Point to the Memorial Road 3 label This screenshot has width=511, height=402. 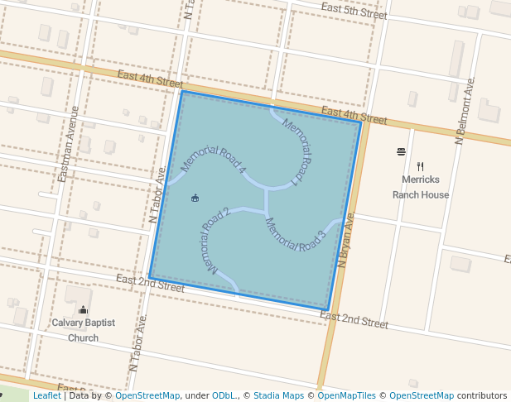pos(295,235)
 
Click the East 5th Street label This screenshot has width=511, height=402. pos(354,12)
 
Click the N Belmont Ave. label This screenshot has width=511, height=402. pos(465,112)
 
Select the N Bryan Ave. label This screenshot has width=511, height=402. pos(346,240)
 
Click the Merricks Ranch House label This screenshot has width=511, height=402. pos(421,188)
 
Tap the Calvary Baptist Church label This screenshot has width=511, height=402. pos(83,330)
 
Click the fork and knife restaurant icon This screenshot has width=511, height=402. pos(421,166)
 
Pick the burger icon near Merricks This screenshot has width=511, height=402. pos(402,151)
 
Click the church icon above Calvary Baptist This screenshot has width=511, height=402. pos(82,310)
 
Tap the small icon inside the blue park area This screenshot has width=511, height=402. pos(195,198)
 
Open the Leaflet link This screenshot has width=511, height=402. pos(46,396)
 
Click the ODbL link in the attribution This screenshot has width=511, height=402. pos(224,396)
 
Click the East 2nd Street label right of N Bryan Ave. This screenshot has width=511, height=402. pos(354,320)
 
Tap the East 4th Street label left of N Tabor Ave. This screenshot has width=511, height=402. pos(150,79)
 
